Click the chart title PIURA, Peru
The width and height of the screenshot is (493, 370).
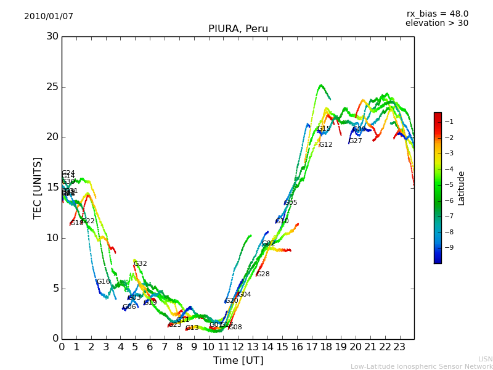point(238,29)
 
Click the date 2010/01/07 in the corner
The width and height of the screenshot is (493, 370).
point(49,17)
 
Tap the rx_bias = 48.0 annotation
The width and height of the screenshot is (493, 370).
point(437,14)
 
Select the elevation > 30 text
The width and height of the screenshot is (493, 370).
point(436,23)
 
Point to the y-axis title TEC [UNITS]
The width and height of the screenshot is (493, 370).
point(38,187)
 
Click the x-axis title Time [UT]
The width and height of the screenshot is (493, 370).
point(238,361)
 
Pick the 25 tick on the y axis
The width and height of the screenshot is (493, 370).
point(52,87)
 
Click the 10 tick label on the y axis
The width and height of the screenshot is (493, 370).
point(52,238)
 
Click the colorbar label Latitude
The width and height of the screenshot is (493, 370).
point(462,188)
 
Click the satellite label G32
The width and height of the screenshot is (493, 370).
point(141,264)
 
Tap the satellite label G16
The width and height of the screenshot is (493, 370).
point(103,282)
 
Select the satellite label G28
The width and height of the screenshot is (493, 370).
point(263,274)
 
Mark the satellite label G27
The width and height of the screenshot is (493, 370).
point(356,141)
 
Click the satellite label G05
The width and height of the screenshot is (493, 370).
point(291,203)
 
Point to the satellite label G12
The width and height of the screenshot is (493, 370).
point(325,145)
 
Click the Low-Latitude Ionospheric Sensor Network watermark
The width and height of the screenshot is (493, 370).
point(422,366)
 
